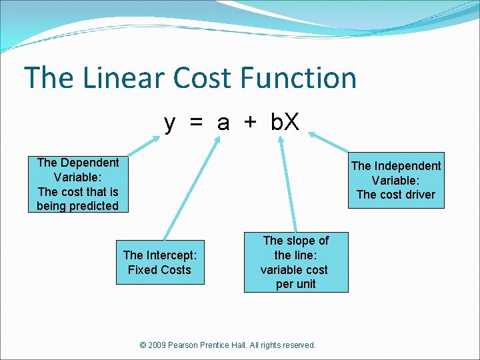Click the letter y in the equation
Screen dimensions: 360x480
pos(171,123)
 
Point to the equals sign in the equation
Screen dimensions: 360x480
pos(196,123)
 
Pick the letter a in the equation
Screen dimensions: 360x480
pos(223,123)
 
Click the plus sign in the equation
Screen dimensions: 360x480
pos(249,123)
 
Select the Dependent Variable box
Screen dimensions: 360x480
pos(78,184)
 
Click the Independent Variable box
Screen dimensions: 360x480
pos(396,180)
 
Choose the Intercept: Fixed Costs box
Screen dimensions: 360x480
pos(159,262)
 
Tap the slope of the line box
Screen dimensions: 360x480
pos(295,262)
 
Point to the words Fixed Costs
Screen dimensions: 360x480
pos(159,270)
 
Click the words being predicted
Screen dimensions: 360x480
pos(78,206)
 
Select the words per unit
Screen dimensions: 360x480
pos(295,284)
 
